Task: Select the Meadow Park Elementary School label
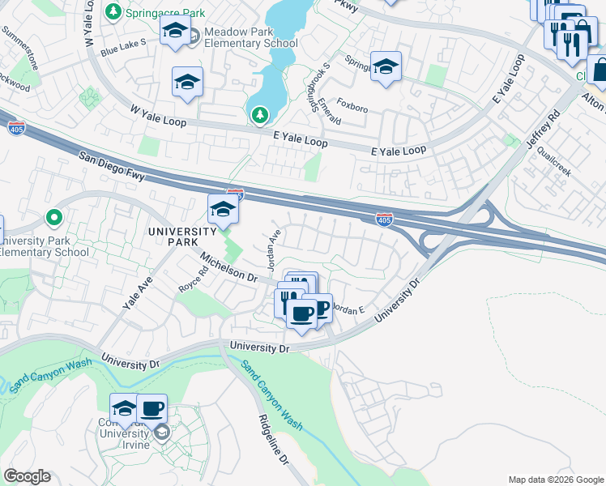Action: coord(250,37)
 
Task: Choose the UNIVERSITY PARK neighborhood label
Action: coord(183,236)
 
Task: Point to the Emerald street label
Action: coord(330,111)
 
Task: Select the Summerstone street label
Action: coord(19,49)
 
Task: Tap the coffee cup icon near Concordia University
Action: coord(151,408)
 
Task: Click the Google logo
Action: coord(27,476)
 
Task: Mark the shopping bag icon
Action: coord(601,70)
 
